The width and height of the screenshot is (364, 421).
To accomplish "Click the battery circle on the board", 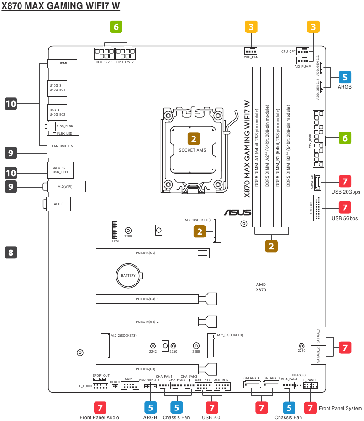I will pos(128,276).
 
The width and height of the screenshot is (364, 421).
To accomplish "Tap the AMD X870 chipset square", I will pos(261,287).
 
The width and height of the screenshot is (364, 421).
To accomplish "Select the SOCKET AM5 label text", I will pos(193,149).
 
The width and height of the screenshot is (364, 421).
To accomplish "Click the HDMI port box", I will pos(62,63).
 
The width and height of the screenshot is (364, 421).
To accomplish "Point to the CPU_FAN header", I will pos(251,51).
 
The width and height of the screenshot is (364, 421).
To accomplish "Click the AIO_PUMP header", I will pos(303,60).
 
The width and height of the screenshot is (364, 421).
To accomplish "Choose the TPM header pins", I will pos(115,231).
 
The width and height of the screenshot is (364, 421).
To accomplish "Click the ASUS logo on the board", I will pos(237,212).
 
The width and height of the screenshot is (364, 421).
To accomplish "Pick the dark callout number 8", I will pos(11,252).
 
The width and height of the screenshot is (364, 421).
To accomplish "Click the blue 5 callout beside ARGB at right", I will pos(345,76).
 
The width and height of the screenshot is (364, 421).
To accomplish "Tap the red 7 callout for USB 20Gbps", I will pos(345,181).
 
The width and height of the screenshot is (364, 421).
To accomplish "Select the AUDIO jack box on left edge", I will pos(58,204).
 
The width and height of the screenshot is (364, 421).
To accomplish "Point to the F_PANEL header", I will pos(310,386).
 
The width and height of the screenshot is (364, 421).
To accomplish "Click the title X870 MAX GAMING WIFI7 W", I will pos(61,6).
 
